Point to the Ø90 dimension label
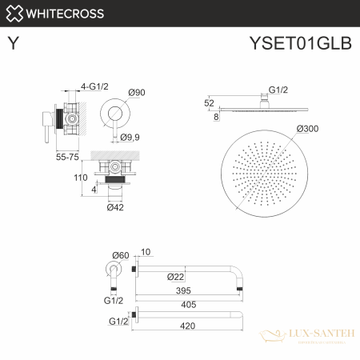pos(137,94)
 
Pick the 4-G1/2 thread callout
pos(94,86)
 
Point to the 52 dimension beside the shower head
pos(210,103)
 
